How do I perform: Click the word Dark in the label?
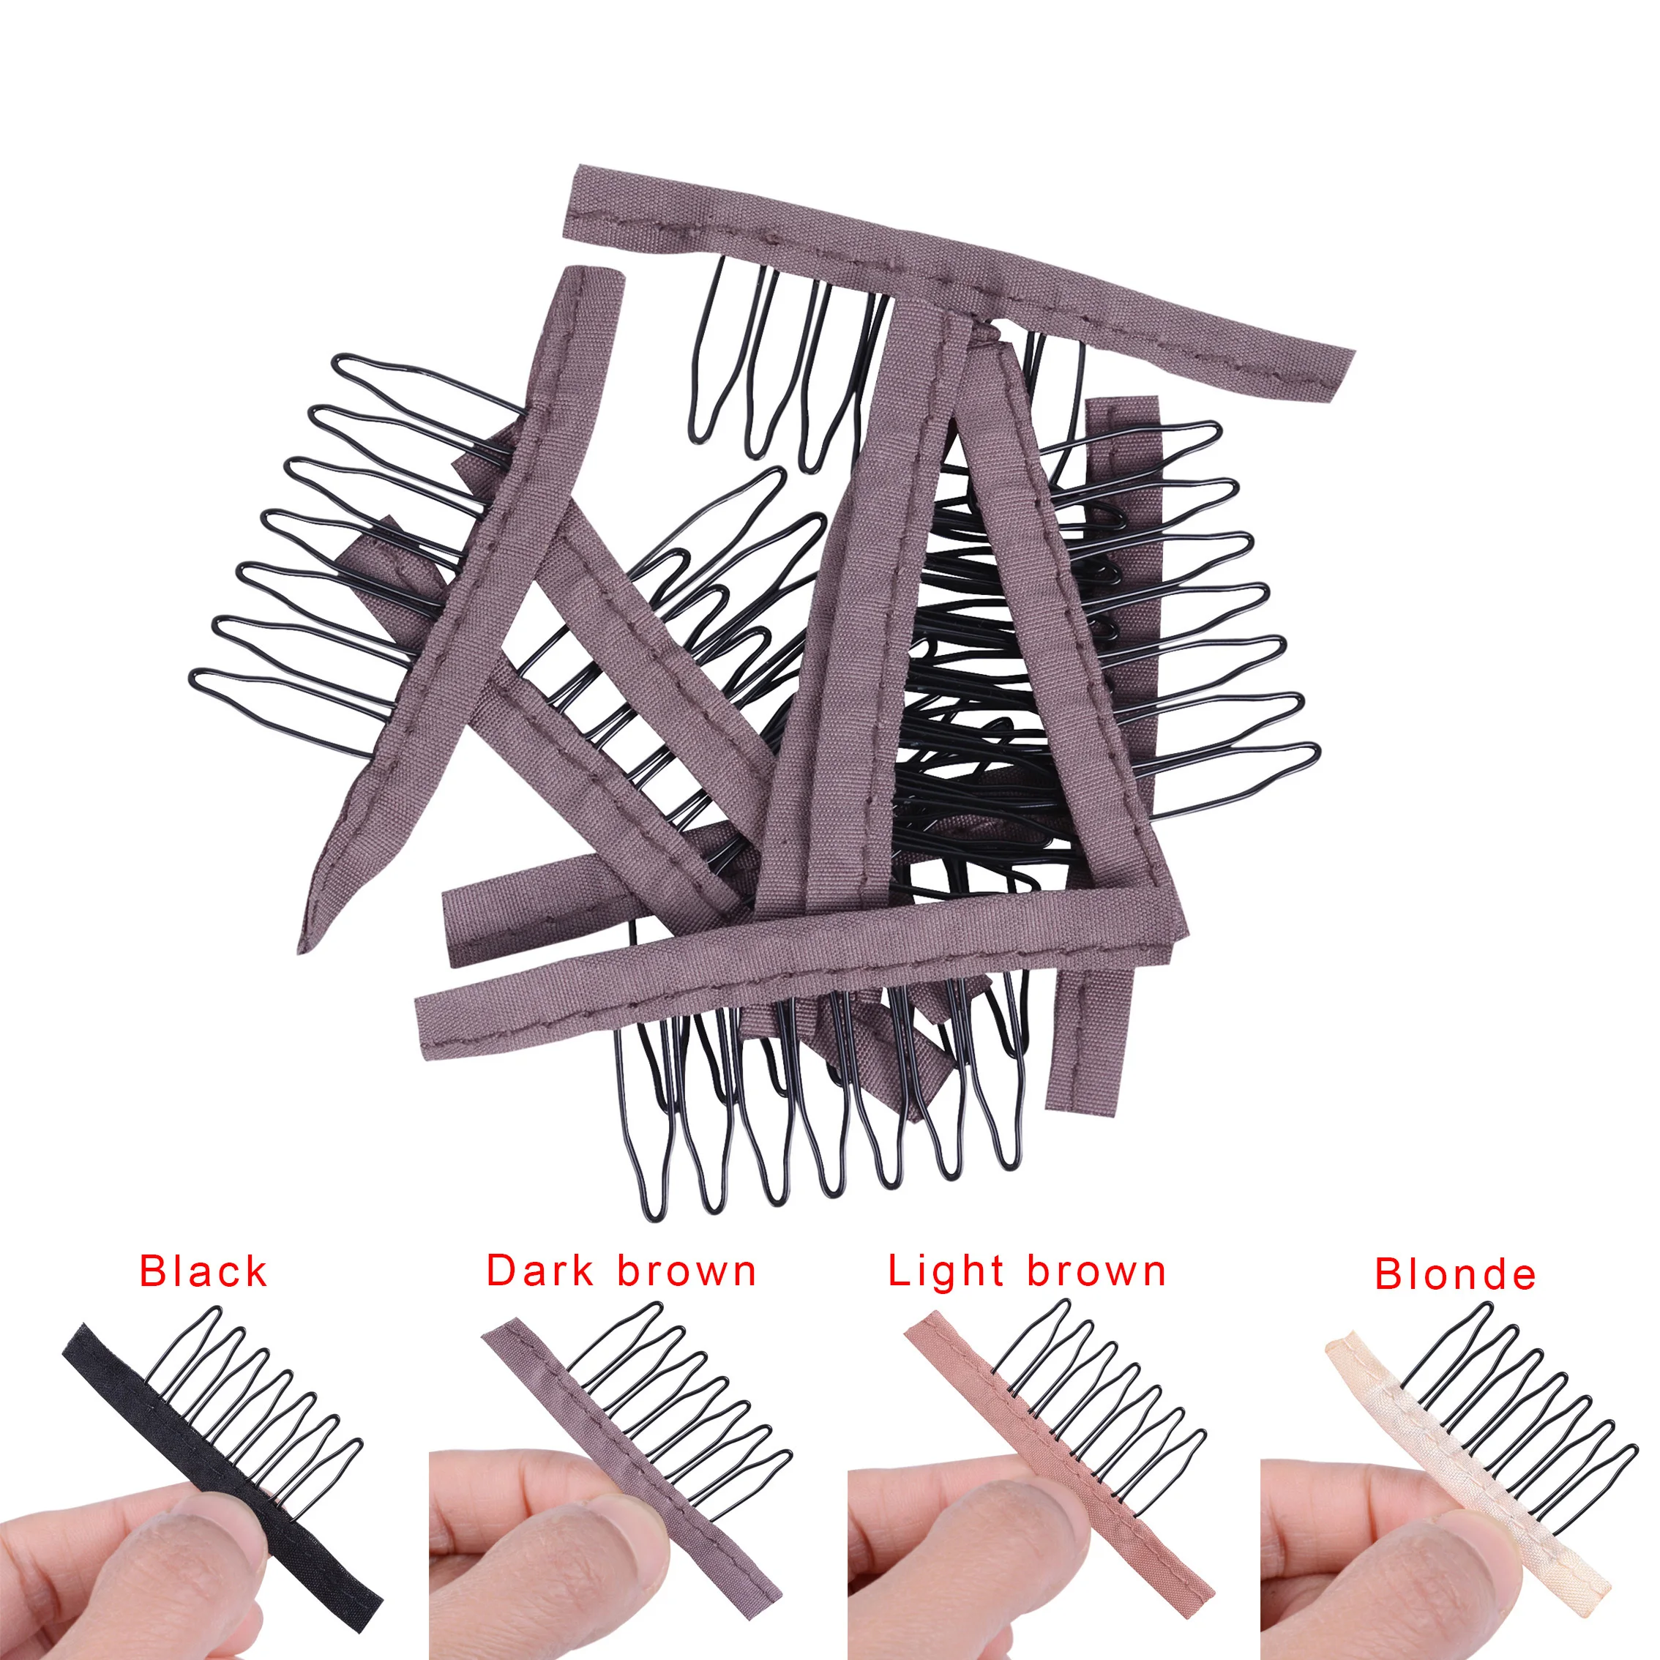click(539, 1271)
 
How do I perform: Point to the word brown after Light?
click(1096, 1271)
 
